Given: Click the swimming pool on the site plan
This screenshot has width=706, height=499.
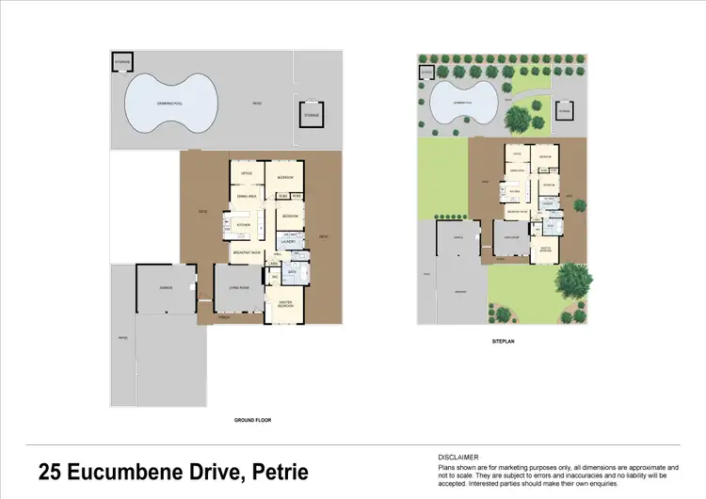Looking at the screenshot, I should [x=461, y=100].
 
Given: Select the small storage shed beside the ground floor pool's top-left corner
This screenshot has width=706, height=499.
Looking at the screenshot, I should [x=121, y=62].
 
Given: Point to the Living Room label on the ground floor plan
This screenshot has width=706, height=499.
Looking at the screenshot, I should [x=238, y=287].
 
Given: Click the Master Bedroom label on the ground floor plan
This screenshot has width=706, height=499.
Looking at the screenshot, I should [x=283, y=304].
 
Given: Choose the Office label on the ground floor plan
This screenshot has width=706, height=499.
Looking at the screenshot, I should [x=247, y=174].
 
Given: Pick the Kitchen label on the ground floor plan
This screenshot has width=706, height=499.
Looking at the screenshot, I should [x=242, y=226].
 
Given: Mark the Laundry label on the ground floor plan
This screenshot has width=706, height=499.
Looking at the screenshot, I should [x=289, y=242].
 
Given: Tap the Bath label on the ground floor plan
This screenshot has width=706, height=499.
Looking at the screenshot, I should [x=292, y=272].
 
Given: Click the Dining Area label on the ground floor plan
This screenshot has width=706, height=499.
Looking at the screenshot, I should [x=248, y=196].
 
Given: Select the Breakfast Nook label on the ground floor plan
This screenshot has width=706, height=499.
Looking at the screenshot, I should [x=248, y=253].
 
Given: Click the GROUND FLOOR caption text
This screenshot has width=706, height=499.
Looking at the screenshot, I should [x=251, y=420].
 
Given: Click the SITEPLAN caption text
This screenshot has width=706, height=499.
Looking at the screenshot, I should [x=503, y=342].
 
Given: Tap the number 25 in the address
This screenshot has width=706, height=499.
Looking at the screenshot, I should [x=51, y=472].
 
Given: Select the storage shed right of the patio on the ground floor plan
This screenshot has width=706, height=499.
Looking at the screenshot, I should [x=311, y=115].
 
